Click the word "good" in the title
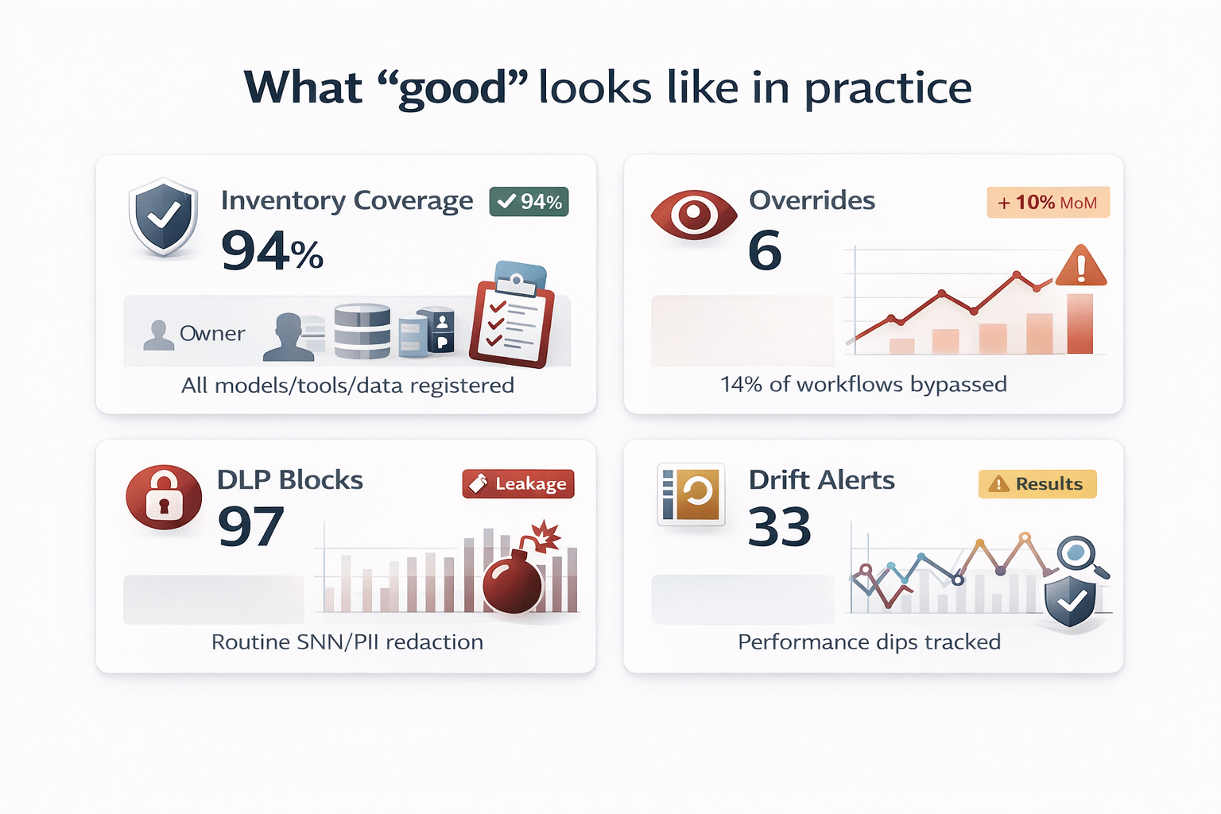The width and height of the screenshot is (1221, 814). pyautogui.click(x=452, y=88)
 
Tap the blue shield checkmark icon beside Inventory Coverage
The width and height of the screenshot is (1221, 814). pyautogui.click(x=164, y=217)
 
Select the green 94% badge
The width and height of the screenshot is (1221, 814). pyautogui.click(x=529, y=202)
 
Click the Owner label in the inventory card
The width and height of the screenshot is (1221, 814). pyautogui.click(x=211, y=334)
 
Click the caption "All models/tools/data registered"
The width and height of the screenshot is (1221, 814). pyautogui.click(x=347, y=386)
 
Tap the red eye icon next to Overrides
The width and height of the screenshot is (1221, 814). pyautogui.click(x=693, y=215)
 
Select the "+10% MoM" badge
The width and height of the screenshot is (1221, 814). pyautogui.click(x=1048, y=203)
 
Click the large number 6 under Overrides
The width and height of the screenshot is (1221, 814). pyautogui.click(x=765, y=251)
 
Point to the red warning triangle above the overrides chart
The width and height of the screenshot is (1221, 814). pyautogui.click(x=1081, y=267)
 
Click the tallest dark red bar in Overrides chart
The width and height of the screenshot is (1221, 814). pyautogui.click(x=1080, y=324)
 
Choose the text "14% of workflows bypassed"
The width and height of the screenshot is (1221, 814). pyautogui.click(x=863, y=385)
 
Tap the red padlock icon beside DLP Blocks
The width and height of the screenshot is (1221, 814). pyautogui.click(x=164, y=497)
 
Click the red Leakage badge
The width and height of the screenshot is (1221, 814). pyautogui.click(x=518, y=484)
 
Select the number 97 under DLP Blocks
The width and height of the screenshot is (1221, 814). pyautogui.click(x=251, y=527)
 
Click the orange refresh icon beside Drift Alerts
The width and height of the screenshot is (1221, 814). pyautogui.click(x=691, y=494)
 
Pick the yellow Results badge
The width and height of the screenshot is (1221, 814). pyautogui.click(x=1037, y=484)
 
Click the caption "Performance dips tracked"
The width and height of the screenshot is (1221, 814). pyautogui.click(x=869, y=642)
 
